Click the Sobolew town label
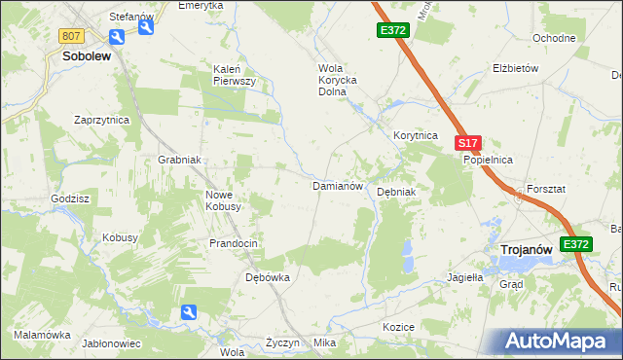[86, 56]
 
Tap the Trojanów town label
[526, 250]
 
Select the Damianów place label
[337, 185]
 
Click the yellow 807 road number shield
[70, 36]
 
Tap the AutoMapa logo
[561, 342]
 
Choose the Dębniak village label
[396, 192]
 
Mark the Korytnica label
[416, 136]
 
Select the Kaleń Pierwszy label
[234, 75]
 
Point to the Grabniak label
[179, 160]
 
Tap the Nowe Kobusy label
[223, 200]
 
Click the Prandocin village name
[234, 243]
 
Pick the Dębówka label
[267, 277]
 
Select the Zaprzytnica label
[102, 120]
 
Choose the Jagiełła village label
[464, 276]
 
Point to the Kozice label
[399, 327]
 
